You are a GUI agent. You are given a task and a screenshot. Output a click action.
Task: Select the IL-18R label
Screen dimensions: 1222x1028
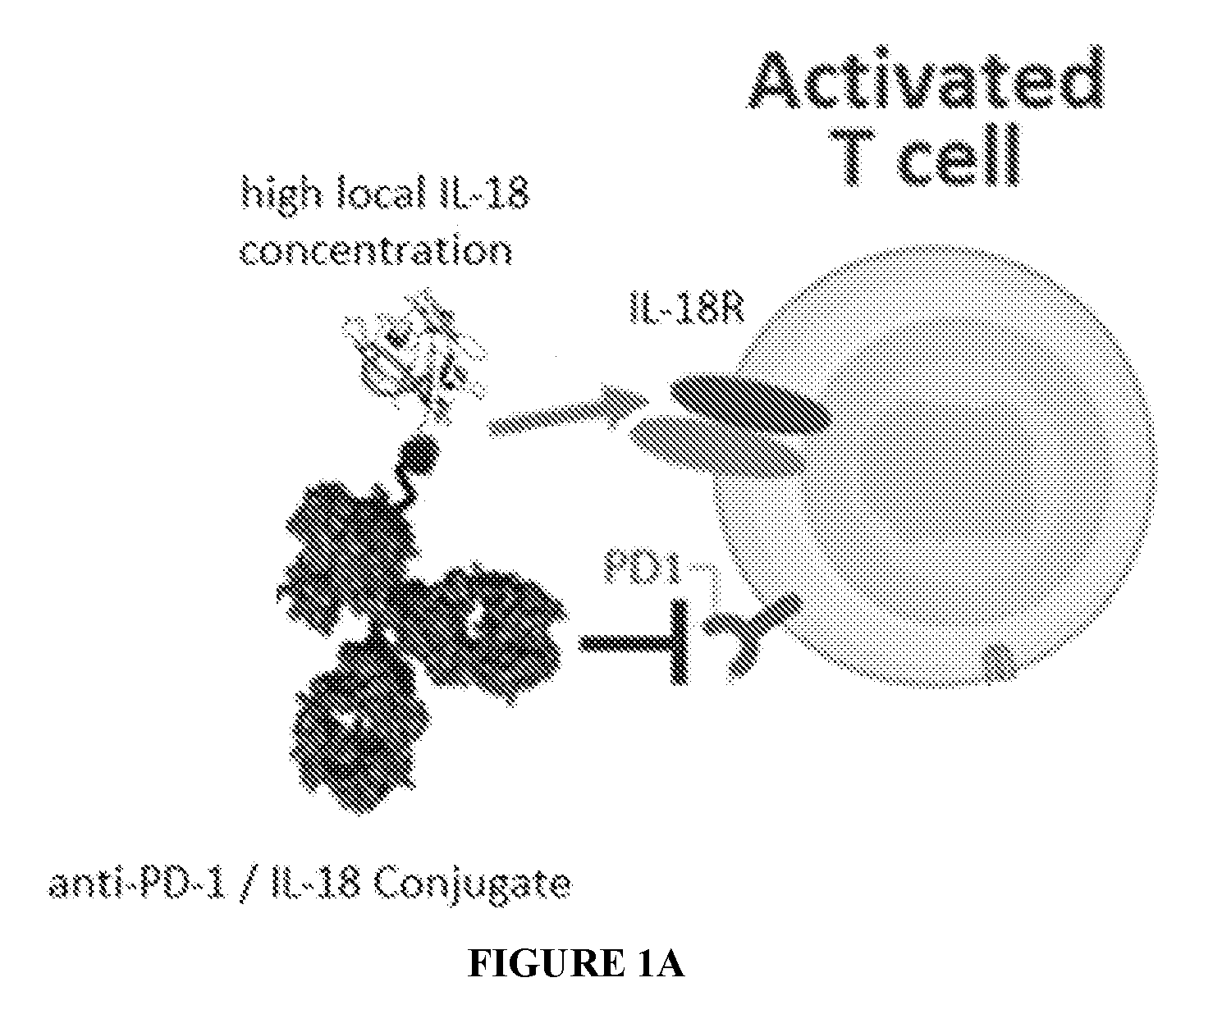(x=686, y=308)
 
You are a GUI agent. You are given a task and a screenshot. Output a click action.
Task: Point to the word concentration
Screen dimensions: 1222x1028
(x=377, y=252)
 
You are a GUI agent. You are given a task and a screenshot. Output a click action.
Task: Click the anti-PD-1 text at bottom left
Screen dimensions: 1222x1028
(x=138, y=884)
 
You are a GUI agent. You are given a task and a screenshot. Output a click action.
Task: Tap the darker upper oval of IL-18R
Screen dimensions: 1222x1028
(x=751, y=404)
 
